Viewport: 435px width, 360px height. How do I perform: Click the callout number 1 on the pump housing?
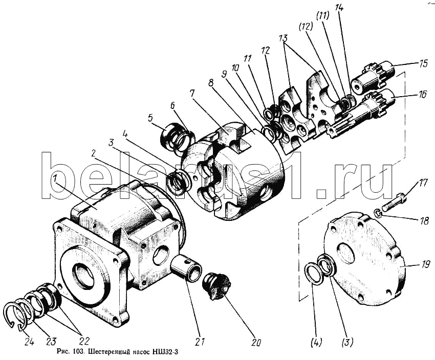click(55, 179)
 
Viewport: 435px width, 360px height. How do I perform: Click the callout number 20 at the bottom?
click(255, 343)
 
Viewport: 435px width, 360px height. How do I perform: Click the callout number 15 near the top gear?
click(423, 64)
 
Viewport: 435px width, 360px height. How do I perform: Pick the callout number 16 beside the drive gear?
click(423, 95)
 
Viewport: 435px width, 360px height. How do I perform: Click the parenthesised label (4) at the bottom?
click(316, 342)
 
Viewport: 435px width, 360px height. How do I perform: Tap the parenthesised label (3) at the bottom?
click(347, 342)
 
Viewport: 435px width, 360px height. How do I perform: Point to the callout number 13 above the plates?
click(284, 38)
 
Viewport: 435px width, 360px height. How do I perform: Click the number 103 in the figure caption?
click(80, 352)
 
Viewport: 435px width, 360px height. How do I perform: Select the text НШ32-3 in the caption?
click(165, 352)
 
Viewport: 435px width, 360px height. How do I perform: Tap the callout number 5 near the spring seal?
click(150, 118)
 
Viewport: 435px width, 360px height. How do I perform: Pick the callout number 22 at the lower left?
click(84, 341)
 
